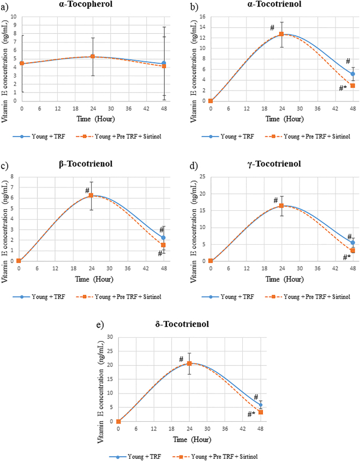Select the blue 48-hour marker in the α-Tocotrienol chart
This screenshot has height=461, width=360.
click(353, 74)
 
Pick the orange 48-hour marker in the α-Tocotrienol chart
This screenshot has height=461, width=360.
click(353, 86)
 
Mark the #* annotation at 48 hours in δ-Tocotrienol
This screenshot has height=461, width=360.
click(251, 415)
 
